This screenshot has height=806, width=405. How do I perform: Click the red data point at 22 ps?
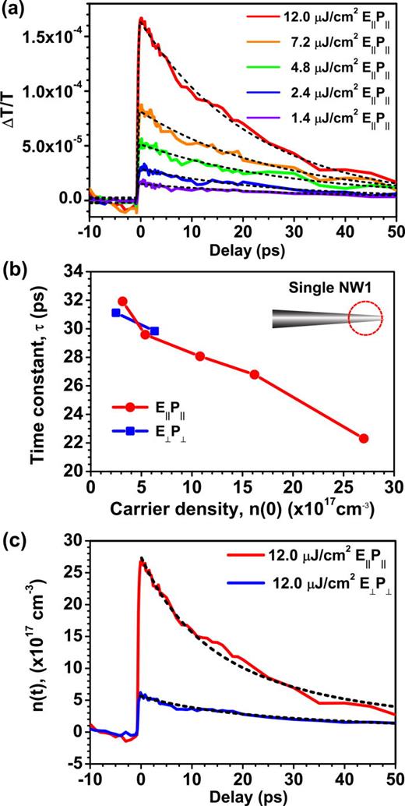(363, 439)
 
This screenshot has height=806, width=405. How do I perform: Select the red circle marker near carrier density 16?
(254, 374)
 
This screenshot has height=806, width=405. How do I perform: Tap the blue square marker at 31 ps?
(116, 313)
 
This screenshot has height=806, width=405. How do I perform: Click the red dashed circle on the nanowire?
(365, 318)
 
